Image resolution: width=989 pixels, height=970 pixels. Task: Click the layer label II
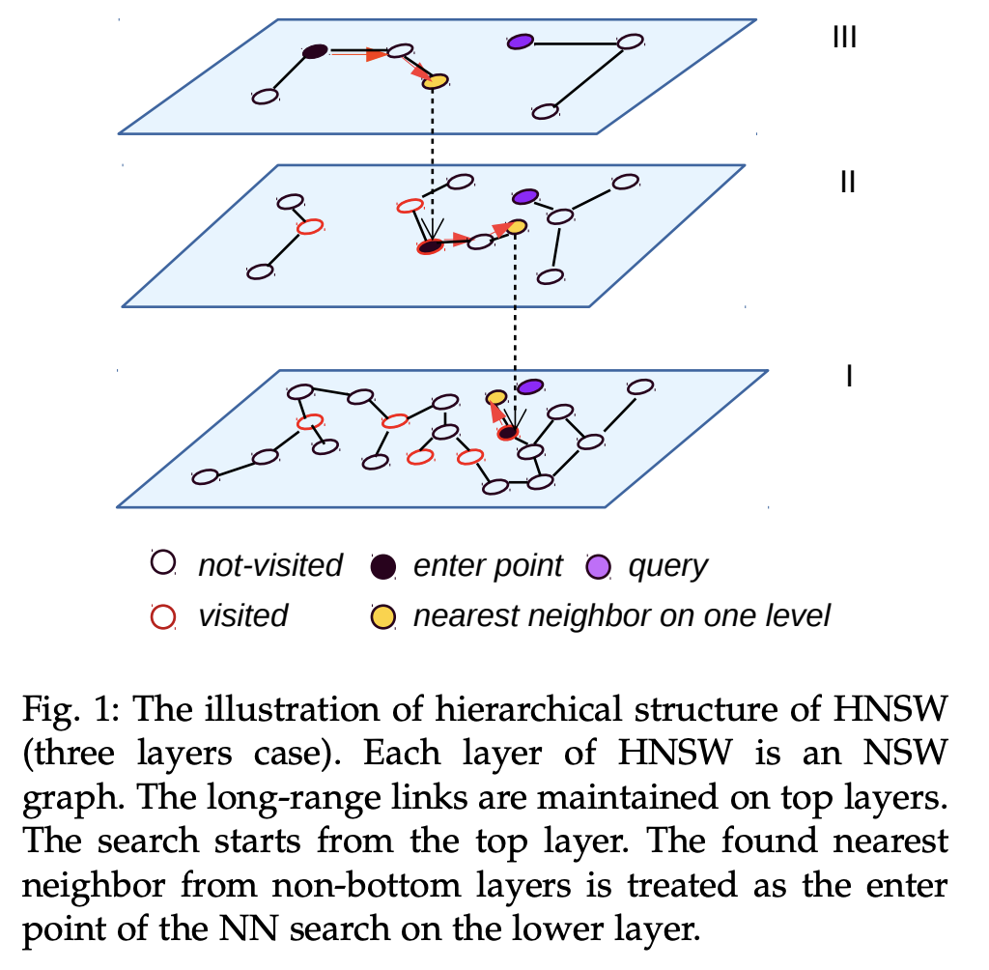pyautogui.click(x=847, y=181)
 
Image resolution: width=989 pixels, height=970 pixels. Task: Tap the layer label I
pyautogui.click(x=847, y=374)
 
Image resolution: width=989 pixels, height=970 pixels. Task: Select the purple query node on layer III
pyautogui.click(x=521, y=42)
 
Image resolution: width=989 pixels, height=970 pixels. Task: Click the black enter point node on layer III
pyautogui.click(x=314, y=52)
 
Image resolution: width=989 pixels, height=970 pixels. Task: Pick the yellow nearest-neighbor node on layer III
pyautogui.click(x=436, y=81)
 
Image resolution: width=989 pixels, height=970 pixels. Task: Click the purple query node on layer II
pyautogui.click(x=524, y=196)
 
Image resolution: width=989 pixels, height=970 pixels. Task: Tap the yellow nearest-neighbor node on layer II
pyautogui.click(x=516, y=227)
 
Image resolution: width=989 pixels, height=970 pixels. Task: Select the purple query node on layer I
pyautogui.click(x=528, y=387)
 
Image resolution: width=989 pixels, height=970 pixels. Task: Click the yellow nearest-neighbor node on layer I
pyautogui.click(x=496, y=397)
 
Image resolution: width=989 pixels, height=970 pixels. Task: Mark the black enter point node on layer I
pyautogui.click(x=508, y=432)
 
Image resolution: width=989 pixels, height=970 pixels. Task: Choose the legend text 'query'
pyautogui.click(x=668, y=566)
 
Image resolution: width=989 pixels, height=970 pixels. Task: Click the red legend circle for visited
pyautogui.click(x=163, y=615)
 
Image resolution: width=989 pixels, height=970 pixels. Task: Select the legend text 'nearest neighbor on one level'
pyautogui.click(x=621, y=615)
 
